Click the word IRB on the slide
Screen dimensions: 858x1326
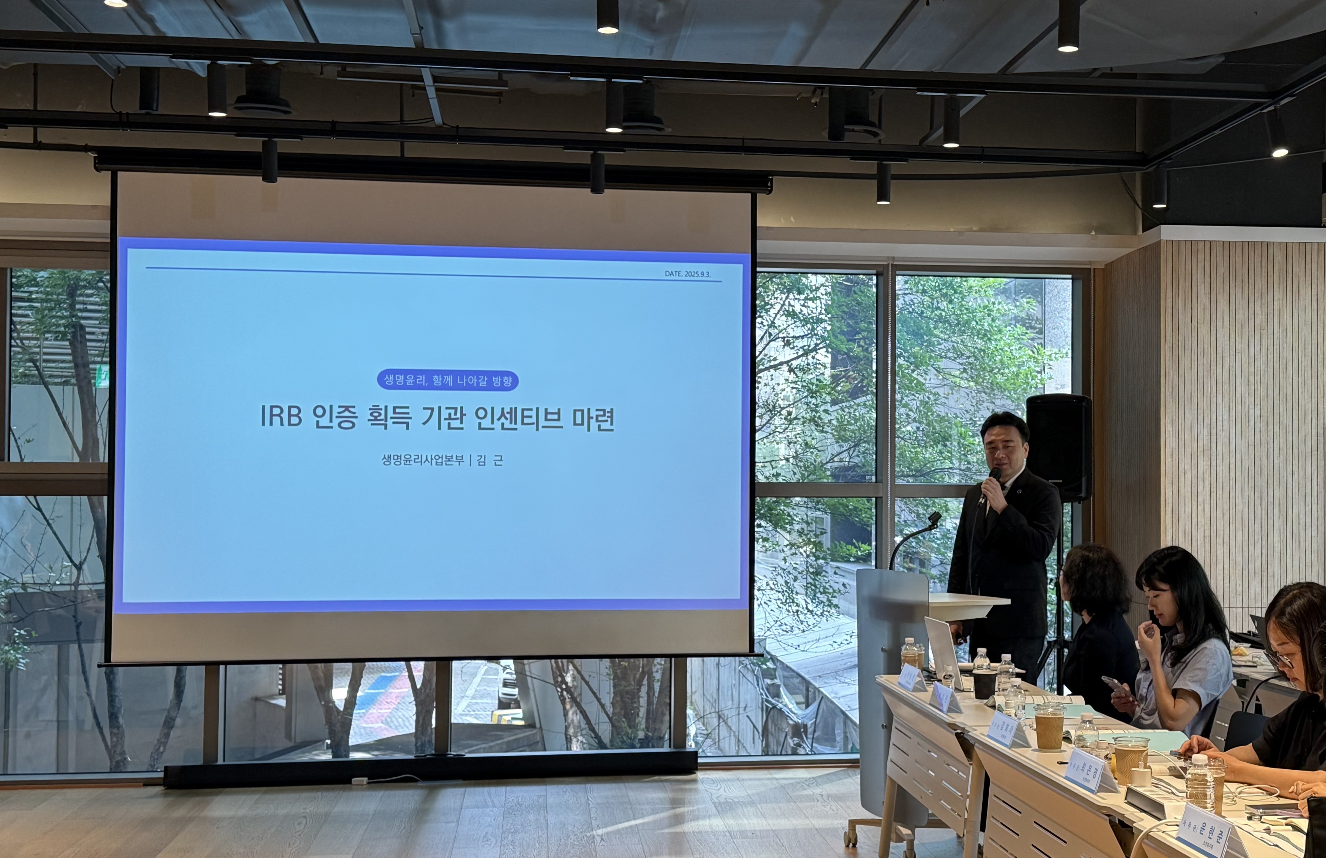(281, 417)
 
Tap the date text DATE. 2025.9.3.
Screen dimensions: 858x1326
(687, 274)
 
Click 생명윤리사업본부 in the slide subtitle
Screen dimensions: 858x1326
(422, 460)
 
